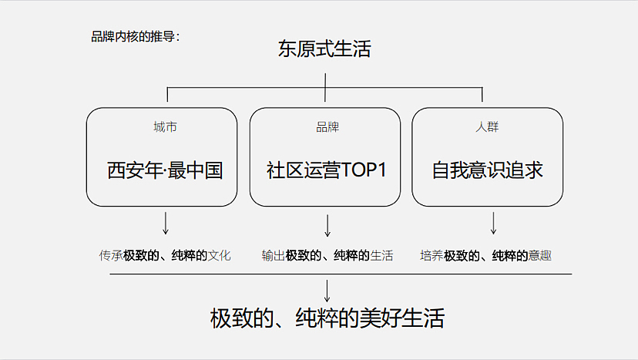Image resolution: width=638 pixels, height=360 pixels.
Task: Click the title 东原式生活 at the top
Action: [324, 50]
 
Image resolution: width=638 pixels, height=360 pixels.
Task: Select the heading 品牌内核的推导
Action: [135, 35]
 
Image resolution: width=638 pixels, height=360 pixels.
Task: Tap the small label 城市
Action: [165, 127]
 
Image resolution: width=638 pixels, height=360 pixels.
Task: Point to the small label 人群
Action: [487, 127]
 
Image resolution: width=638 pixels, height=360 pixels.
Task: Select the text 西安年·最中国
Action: [165, 170]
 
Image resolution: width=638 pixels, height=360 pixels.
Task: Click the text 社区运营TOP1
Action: [326, 170]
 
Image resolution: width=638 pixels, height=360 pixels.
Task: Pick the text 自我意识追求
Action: [487, 170]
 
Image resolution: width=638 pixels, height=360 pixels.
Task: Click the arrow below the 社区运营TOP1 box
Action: [327, 225]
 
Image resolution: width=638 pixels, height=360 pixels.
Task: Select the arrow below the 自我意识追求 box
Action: [493, 223]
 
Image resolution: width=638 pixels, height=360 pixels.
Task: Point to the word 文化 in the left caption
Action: [220, 255]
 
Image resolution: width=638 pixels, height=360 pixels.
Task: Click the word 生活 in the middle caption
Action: [381, 255]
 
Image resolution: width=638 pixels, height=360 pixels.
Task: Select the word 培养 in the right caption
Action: [431, 255]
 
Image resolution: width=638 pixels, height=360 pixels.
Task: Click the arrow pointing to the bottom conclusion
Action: [327, 290]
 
